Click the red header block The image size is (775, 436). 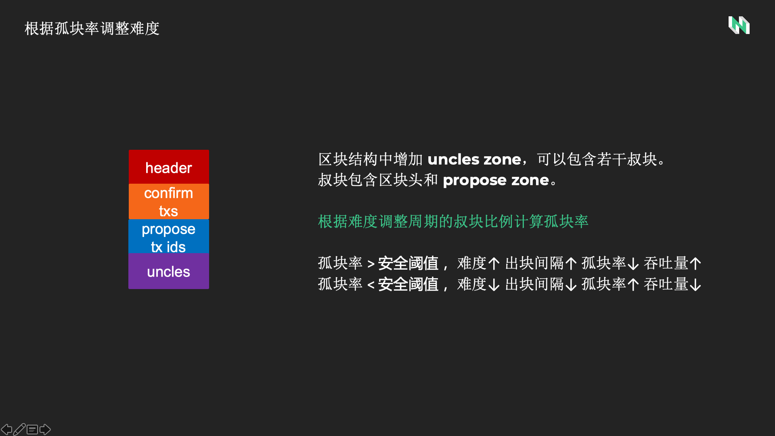(169, 167)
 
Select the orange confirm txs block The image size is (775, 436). (169, 201)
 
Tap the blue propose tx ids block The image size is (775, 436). (169, 236)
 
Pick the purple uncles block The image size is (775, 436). (169, 271)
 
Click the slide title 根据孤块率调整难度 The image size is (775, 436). (92, 29)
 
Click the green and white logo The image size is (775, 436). (739, 25)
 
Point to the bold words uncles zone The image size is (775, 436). (474, 159)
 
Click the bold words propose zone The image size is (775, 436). (496, 180)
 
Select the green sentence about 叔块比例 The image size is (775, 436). (453, 222)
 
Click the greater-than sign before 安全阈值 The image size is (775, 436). (371, 264)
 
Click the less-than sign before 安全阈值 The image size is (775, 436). (371, 285)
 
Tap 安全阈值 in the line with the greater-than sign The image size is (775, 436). (408, 263)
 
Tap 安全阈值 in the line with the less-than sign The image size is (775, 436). (408, 284)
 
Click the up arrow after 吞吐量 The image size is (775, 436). (695, 264)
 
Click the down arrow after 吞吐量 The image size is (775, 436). (695, 285)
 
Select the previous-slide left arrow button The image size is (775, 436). (6, 429)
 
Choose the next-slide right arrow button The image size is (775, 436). (45, 429)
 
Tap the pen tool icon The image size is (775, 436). (19, 429)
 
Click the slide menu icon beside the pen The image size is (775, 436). (32, 430)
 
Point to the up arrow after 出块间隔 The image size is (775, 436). (571, 264)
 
